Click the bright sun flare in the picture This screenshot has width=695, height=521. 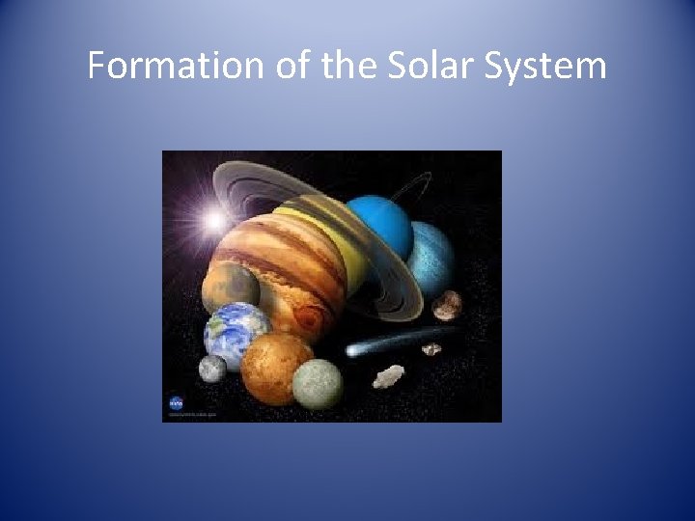click(214, 221)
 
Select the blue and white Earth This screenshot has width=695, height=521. click(236, 330)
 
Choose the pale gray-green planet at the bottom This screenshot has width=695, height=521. click(317, 384)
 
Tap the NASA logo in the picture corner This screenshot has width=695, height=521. click(177, 403)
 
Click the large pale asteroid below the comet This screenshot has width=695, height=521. click(389, 375)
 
